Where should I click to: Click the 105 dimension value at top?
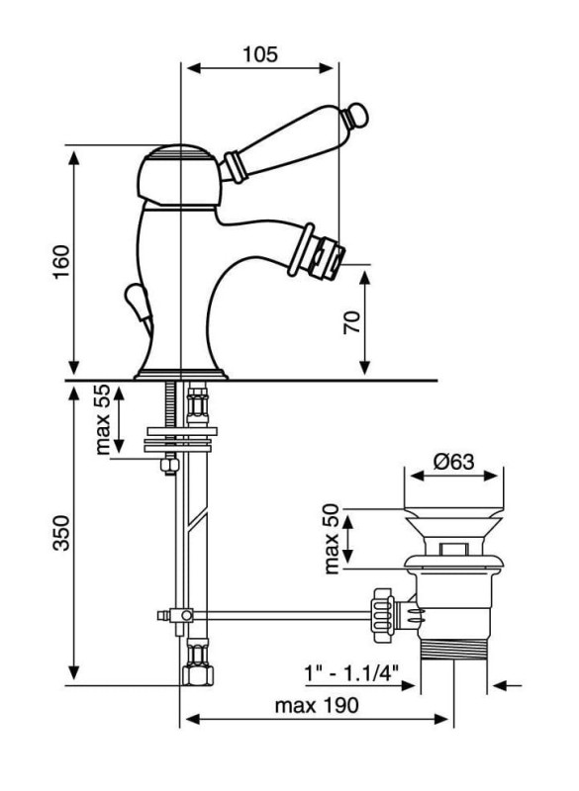[x=260, y=54]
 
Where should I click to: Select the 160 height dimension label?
[x=62, y=262]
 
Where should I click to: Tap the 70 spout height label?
[x=352, y=322]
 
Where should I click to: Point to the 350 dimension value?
[x=61, y=533]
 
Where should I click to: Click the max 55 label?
[x=103, y=419]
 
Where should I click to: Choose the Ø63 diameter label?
[x=454, y=461]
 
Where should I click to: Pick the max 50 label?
[x=332, y=539]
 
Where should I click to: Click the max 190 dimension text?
[x=317, y=705]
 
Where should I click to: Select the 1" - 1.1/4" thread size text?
[x=351, y=672]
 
